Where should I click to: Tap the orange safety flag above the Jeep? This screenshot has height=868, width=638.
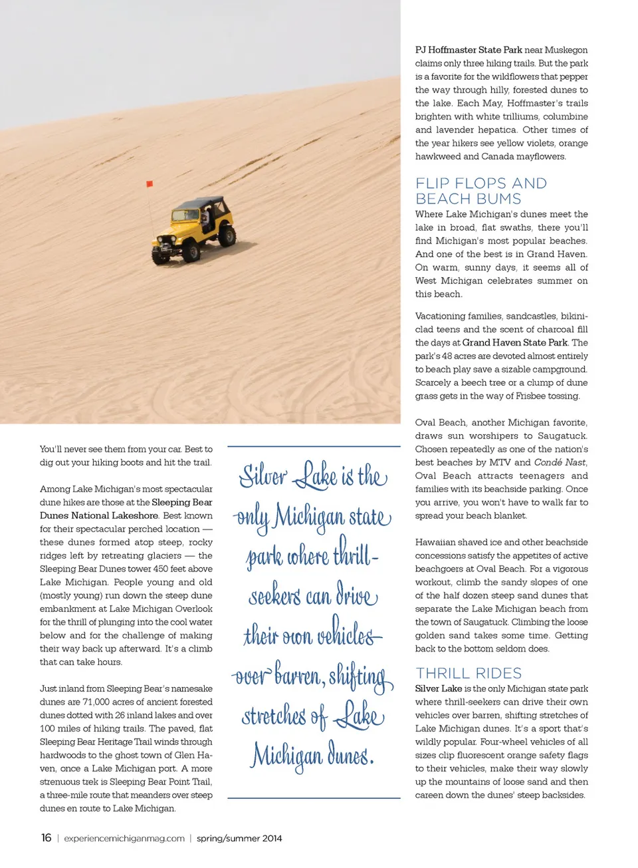(150, 184)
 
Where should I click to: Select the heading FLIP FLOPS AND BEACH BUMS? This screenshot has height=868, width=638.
(481, 191)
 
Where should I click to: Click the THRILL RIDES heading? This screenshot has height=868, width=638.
(469, 673)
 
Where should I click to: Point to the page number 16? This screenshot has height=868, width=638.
(46, 838)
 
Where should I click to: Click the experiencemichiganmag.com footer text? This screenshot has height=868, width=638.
(124, 839)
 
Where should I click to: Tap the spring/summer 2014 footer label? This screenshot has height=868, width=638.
(239, 839)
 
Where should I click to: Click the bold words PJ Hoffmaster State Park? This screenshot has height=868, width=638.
(469, 50)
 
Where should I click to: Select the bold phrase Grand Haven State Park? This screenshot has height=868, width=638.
(515, 343)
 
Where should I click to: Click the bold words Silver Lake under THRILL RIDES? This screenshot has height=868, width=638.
(439, 688)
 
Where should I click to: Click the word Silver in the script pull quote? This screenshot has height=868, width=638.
(263, 476)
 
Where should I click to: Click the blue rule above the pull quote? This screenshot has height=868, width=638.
(314, 446)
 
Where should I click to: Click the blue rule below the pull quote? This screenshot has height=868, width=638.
(314, 797)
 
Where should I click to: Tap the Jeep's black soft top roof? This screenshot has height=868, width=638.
(202, 202)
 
